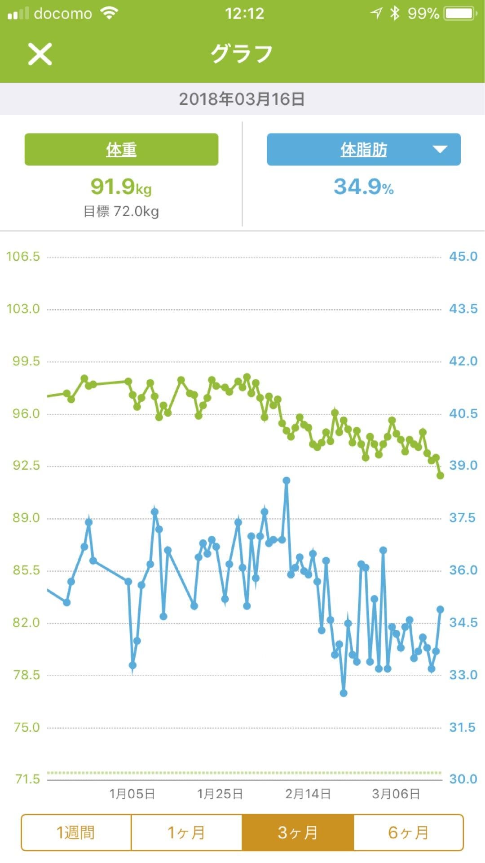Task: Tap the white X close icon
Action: point(40,54)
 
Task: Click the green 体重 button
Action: point(121,149)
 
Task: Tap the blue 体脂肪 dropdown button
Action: point(363,149)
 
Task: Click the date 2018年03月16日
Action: point(242,99)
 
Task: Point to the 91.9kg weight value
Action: point(121,187)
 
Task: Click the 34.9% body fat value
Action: point(363,187)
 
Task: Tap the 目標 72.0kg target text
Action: point(121,211)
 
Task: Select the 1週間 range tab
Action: point(76,832)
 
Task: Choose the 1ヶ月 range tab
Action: point(186,832)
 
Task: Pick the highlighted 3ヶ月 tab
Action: point(298,832)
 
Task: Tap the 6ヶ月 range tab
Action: point(408,832)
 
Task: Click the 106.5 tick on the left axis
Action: point(23,257)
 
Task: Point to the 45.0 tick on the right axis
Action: point(463,257)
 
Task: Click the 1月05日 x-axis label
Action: point(132,794)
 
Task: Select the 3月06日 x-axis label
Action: point(396,794)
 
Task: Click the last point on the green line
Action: point(440,476)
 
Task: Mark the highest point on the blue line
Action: point(287,480)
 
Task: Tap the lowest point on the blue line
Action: point(344,693)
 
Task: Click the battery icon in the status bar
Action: point(460,13)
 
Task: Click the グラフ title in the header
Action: point(242,54)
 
